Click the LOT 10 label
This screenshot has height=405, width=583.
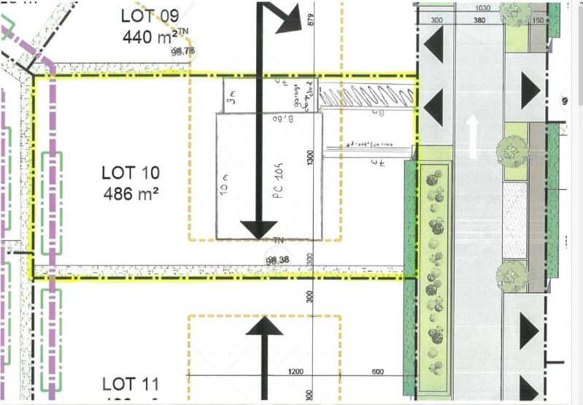131,173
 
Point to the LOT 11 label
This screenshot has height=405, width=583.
131,383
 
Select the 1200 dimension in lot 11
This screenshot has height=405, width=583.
296,371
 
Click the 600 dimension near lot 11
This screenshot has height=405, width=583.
377,371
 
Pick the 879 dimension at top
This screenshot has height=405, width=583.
310,20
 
